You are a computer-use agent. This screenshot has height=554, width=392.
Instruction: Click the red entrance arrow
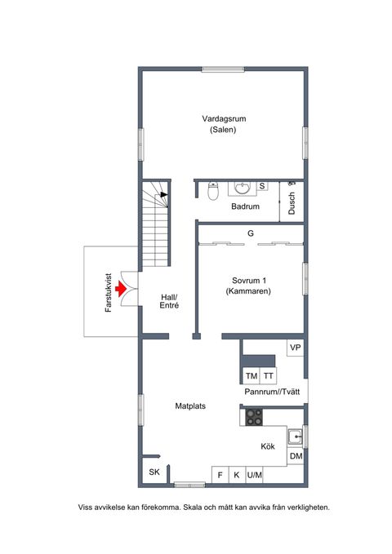tap(121, 289)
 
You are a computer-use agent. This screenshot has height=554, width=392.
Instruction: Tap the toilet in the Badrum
tap(213, 191)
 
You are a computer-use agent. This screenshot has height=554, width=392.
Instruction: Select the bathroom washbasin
tap(243, 188)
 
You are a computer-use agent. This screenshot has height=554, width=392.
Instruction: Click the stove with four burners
tap(254, 417)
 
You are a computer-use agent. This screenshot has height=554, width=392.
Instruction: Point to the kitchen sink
tap(295, 437)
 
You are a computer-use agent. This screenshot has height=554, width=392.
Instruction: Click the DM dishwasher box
tap(296, 456)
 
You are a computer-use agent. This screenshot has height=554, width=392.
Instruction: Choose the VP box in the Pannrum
tap(296, 348)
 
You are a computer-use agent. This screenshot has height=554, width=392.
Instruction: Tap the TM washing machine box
tap(252, 376)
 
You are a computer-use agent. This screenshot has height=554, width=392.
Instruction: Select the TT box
tap(268, 376)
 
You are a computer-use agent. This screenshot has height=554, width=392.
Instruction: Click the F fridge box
tap(220, 475)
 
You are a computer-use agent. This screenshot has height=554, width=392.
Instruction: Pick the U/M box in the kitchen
tap(254, 475)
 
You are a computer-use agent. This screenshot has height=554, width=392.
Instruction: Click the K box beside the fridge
tap(237, 475)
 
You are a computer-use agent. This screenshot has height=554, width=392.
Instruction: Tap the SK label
tap(154, 472)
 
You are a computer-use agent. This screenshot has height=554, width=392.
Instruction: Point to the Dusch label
tap(292, 203)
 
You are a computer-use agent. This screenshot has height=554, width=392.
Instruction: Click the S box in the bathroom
tap(262, 186)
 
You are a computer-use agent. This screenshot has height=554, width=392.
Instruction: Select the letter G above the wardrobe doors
tap(251, 233)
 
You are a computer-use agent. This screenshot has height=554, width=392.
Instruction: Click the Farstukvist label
tap(109, 293)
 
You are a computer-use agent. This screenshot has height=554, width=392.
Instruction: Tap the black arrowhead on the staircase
tap(164, 194)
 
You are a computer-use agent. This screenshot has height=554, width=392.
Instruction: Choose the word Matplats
tap(190, 406)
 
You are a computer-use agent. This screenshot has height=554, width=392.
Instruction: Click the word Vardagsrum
tap(224, 119)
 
